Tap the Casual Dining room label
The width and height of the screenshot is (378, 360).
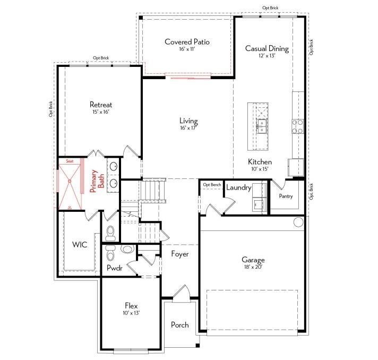coord(267,48)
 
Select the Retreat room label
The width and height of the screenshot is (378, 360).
coord(101,105)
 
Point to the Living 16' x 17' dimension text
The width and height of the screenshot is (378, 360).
coord(188,128)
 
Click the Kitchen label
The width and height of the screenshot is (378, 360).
coord(260,161)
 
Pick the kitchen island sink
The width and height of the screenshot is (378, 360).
coord(262,126)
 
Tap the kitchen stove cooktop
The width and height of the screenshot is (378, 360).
coord(298,125)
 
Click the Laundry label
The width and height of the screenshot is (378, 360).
coord(238,187)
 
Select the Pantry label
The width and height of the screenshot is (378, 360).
coord(286,196)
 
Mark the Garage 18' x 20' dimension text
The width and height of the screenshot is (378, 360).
coord(253,267)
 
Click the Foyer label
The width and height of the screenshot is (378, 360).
coord(180,254)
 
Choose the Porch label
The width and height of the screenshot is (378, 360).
coord(179,325)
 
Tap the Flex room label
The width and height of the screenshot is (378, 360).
coord(132,306)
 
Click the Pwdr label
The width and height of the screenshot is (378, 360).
coord(114,268)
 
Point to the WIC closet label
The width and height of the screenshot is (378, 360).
coord(79,245)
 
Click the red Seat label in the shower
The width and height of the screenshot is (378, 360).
coord(69,160)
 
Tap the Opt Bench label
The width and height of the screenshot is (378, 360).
coord(212,184)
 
